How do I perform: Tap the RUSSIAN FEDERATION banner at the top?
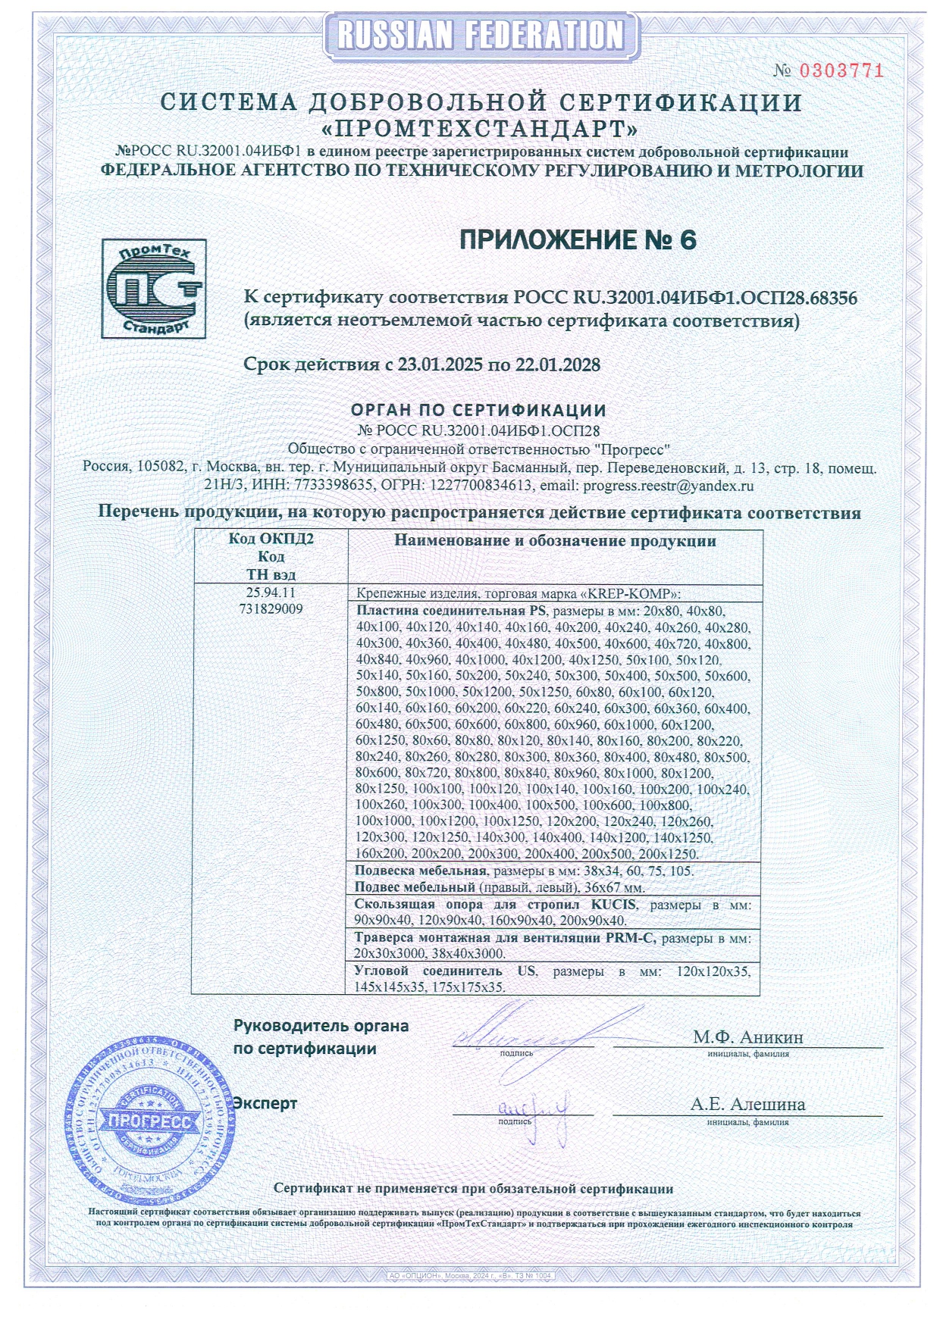point(481,35)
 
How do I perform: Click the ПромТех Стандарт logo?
point(154,289)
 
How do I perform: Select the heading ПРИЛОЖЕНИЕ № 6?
point(578,240)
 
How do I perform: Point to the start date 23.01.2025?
point(440,364)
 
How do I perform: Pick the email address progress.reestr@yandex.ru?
point(668,486)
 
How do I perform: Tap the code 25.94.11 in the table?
point(271,593)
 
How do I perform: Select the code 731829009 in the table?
point(271,608)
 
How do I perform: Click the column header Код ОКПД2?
point(271,539)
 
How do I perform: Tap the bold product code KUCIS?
point(614,905)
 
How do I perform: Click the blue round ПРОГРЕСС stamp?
point(149,1121)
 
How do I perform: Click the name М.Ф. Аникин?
point(747,1037)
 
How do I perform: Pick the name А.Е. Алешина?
point(747,1104)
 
